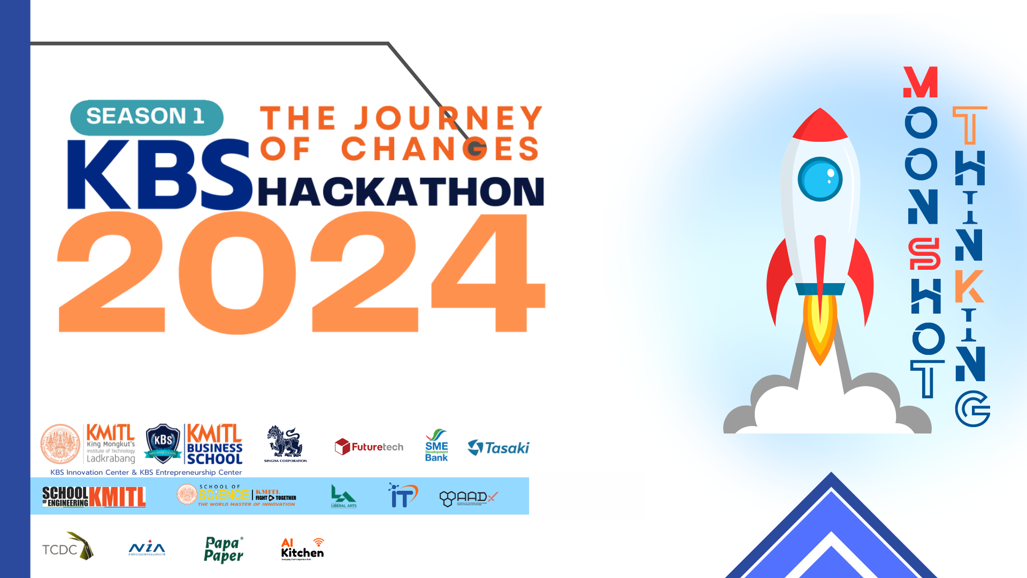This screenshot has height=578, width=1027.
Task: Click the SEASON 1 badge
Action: point(147,117)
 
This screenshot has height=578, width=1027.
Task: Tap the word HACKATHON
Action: point(401,192)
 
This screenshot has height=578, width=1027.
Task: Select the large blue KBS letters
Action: point(159,175)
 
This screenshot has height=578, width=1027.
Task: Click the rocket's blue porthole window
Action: point(819,179)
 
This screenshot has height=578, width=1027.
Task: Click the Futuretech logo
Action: point(369,447)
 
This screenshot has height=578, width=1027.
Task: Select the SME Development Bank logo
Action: point(436,445)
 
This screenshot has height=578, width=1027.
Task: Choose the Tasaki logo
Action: point(499,447)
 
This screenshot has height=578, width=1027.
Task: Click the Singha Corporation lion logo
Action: point(286,444)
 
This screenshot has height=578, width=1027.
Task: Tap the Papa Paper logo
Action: point(224,550)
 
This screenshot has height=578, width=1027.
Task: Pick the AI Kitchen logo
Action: point(302,549)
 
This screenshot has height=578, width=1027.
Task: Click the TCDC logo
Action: point(68,547)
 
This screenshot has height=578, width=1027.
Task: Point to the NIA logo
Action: point(147,549)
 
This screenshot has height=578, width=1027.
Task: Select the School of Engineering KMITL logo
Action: point(94,497)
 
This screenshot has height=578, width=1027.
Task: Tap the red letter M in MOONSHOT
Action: point(921,82)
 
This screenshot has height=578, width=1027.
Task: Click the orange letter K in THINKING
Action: point(969,286)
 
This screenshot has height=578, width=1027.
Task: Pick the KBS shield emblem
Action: point(163,443)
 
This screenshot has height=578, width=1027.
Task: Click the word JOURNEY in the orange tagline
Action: point(449,118)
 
